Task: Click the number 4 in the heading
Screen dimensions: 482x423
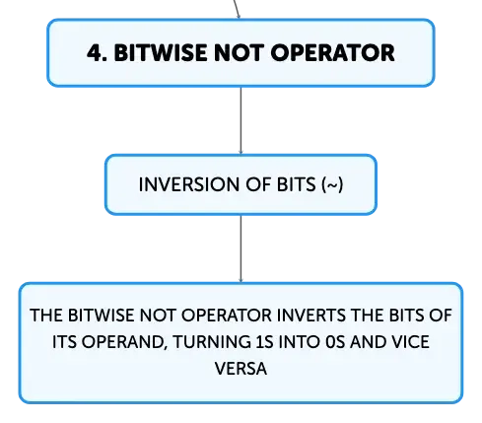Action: pos(95,53)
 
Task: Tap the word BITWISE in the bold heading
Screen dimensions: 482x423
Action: pos(161,53)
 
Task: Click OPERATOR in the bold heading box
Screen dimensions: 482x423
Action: pos(332,53)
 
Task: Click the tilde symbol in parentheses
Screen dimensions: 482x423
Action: pos(332,185)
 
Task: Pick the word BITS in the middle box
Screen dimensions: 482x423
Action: pos(297,184)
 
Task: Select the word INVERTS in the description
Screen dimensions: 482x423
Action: pos(311,316)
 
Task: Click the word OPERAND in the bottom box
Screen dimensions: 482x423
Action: pos(122,342)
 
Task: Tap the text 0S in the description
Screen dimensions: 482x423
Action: pos(336,342)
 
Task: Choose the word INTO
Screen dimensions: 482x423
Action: pos(300,342)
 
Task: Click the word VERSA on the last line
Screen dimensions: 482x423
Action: pos(241,369)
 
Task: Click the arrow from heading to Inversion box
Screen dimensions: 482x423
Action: pos(241,120)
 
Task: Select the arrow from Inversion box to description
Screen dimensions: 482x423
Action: pos(241,248)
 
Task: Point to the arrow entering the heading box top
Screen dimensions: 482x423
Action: pos(237,9)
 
